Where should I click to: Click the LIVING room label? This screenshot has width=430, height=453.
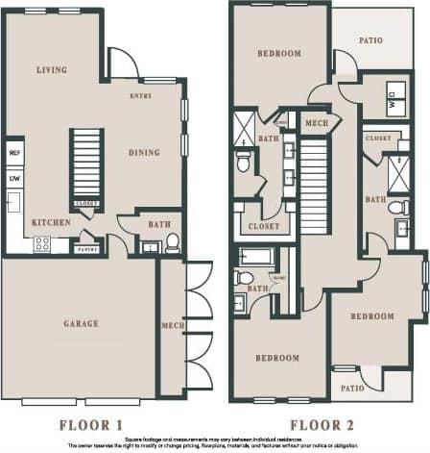coord(51,70)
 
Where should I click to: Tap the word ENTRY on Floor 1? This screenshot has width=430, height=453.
coord(143,96)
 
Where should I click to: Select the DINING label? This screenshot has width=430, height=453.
coord(148,152)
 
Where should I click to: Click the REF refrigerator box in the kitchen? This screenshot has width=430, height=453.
coord(15,153)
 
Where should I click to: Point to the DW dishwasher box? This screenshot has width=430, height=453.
coord(15,178)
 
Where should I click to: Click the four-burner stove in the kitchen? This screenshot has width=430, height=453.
coord(43,243)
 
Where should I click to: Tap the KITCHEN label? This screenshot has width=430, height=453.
coord(50,221)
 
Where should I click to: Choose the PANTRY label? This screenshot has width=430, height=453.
coord(87,249)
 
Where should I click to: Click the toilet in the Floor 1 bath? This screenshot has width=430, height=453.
coord(173,242)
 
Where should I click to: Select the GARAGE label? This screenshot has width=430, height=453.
coord(81,324)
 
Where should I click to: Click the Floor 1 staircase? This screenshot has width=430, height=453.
coord(86,164)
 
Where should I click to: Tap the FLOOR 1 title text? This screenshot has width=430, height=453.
coord(91,423)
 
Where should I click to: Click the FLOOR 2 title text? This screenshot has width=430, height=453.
coord(322,423)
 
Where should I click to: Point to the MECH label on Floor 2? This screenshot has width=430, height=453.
coord(315,123)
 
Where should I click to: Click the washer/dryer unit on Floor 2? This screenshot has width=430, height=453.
coord(395,96)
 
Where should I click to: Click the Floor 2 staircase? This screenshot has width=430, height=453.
coord(315,202)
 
